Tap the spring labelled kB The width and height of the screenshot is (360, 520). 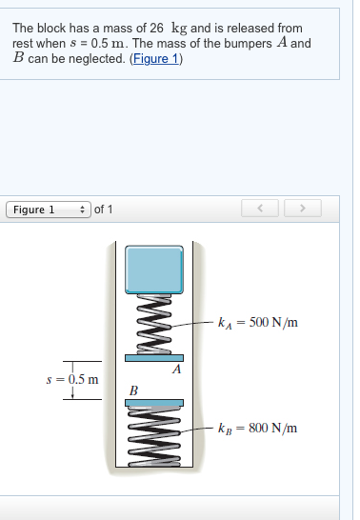click(154, 437)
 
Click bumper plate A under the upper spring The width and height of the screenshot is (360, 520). click(155, 357)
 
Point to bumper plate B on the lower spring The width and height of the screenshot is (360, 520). click(154, 403)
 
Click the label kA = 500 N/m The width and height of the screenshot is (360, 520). click(258, 323)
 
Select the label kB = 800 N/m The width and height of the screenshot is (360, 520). click(258, 428)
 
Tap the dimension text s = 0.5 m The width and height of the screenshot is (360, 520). click(72, 378)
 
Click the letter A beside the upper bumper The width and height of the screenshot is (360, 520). click(176, 369)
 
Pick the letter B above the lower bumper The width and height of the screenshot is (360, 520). click(134, 390)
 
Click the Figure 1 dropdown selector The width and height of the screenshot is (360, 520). click(49, 209)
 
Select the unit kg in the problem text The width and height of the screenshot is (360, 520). click(179, 29)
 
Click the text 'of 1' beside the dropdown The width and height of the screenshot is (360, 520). click(104, 209)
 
